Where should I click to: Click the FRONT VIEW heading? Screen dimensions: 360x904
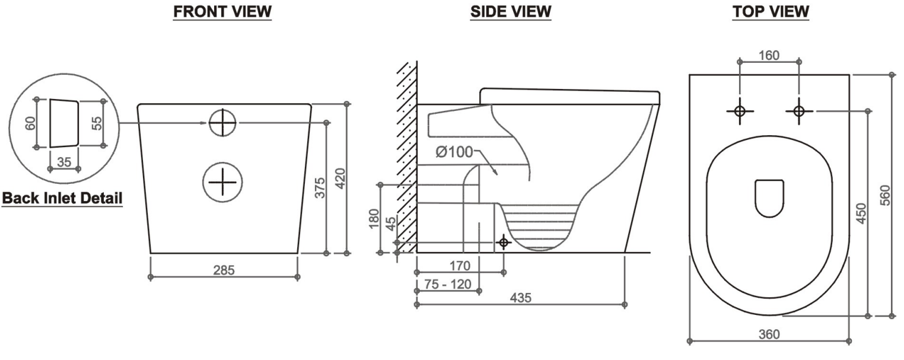[x=222, y=11]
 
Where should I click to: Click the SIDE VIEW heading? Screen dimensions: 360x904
[x=510, y=11]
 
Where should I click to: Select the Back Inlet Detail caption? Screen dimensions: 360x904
[x=62, y=198]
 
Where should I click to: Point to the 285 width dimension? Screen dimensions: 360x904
[x=224, y=270]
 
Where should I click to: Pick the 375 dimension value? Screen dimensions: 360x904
[x=319, y=188]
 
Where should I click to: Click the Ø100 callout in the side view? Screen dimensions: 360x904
[x=453, y=151]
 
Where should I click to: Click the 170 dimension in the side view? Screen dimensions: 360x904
[x=460, y=265]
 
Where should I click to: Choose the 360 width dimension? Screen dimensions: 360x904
[x=769, y=334]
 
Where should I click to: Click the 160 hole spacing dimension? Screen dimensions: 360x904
[x=769, y=56]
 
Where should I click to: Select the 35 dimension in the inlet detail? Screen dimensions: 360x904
[x=63, y=161]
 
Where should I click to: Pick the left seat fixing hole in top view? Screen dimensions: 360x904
[x=740, y=111]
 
